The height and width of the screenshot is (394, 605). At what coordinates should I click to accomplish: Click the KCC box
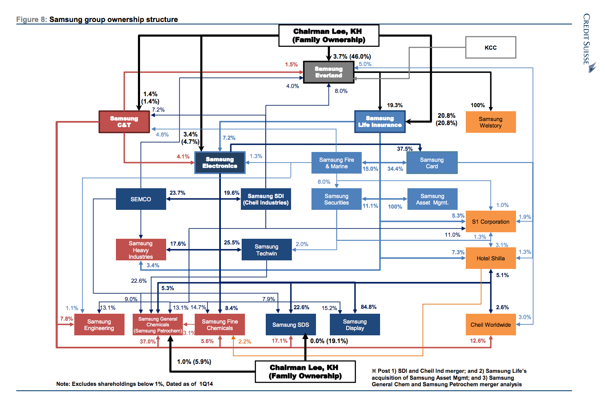(x=491, y=48)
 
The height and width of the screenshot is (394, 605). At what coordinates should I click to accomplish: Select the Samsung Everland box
(x=329, y=72)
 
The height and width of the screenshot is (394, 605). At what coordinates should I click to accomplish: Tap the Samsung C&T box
(x=124, y=122)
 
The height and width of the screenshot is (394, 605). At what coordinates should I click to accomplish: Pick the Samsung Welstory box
(x=491, y=122)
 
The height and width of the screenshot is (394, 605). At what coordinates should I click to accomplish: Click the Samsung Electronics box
(x=220, y=163)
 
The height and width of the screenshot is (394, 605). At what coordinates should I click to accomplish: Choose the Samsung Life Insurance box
(x=380, y=121)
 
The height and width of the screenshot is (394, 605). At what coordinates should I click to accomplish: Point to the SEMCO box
(x=141, y=199)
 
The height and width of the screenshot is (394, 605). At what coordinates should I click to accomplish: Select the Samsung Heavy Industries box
(x=141, y=250)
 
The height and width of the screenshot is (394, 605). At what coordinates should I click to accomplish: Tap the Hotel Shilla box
(x=491, y=258)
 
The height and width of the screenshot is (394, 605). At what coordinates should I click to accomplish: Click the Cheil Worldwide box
(x=491, y=325)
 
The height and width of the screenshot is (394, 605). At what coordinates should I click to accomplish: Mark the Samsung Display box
(x=355, y=325)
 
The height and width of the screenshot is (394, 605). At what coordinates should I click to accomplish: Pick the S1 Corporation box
(x=491, y=222)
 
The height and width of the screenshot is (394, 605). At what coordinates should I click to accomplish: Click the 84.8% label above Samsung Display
(x=369, y=307)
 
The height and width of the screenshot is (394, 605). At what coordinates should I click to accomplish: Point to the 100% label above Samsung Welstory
(x=478, y=105)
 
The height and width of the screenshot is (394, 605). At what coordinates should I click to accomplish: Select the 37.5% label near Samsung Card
(x=405, y=149)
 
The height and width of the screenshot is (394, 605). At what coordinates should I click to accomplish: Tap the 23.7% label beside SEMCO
(x=178, y=193)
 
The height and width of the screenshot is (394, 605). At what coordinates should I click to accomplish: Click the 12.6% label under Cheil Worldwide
(x=478, y=341)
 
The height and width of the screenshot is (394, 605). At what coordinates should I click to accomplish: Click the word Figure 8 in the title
(x=31, y=20)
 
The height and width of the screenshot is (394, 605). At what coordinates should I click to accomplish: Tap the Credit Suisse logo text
(x=587, y=39)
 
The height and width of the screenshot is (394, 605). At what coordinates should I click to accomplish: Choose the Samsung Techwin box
(x=267, y=250)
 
